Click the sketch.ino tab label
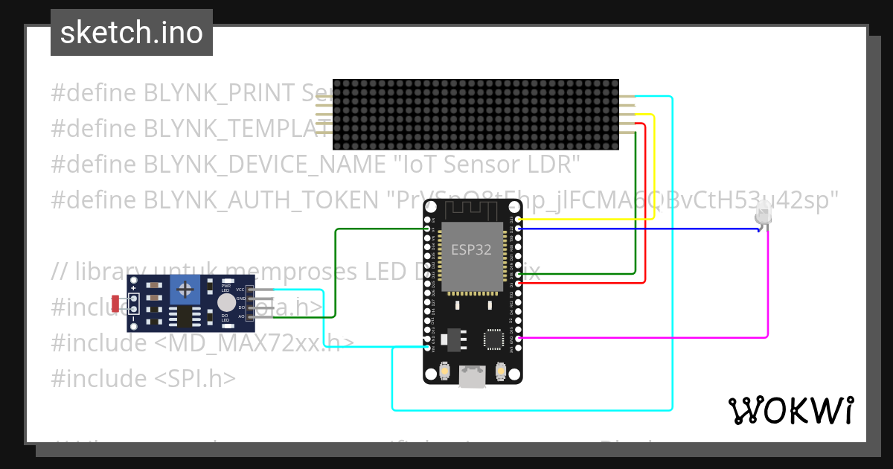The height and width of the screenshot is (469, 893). tap(132, 33)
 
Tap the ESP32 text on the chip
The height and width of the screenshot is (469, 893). tap(471, 249)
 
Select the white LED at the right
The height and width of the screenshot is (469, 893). tap(763, 216)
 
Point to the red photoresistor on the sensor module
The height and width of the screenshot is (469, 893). tap(115, 303)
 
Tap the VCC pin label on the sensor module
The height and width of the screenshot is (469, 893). tap(240, 290)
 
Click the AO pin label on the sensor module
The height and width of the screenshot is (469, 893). tap(240, 316)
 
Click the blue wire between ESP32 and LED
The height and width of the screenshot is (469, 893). tap(633, 229)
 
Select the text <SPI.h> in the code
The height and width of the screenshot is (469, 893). tap(195, 379)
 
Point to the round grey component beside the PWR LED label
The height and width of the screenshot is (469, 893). tap(226, 301)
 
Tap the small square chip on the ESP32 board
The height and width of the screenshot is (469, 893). tap(493, 339)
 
